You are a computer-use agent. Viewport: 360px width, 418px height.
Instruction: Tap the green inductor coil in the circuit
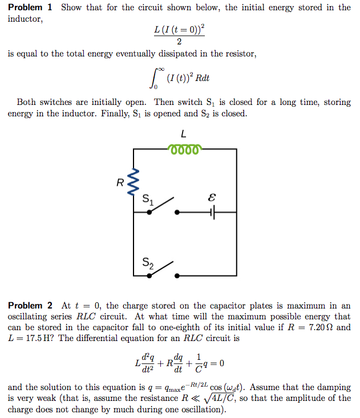pos(183,149)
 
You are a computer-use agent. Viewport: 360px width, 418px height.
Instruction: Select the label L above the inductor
pos(183,135)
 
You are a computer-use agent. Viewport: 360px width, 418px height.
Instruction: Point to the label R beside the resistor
pos(120,183)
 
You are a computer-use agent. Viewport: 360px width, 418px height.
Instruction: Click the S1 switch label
pos(148,200)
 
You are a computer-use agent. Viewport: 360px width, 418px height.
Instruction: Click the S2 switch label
pos(148,263)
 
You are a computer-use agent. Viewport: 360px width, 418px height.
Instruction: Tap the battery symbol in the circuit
pos(213,212)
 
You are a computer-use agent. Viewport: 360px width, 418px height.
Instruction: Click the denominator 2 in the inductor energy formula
pos(179,42)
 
